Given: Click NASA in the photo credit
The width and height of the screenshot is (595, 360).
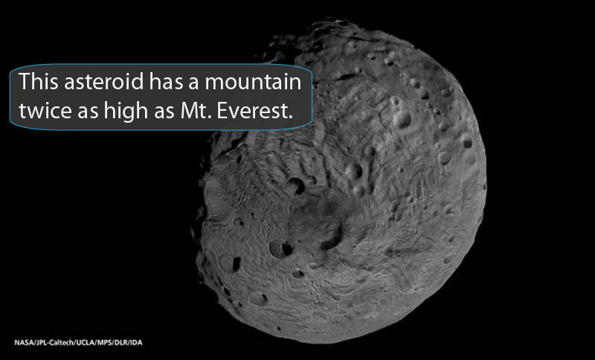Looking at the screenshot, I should [x=23, y=342].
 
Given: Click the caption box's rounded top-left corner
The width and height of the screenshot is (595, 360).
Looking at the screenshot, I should [x=14, y=68].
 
